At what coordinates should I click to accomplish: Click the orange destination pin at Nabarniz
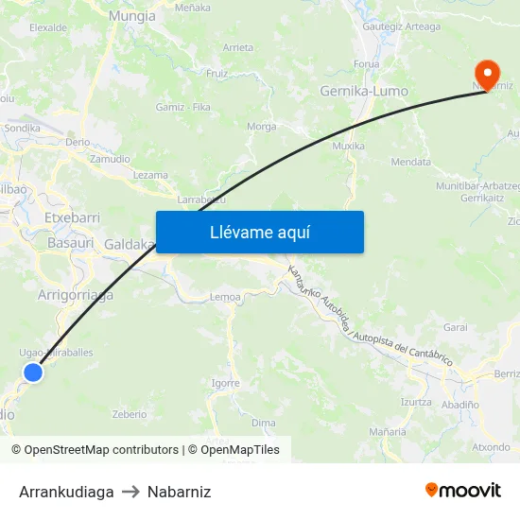coord(487,74)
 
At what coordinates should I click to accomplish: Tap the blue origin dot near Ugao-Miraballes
coord(33,373)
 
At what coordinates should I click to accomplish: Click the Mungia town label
coord(131,16)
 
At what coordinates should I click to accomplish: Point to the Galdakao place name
coord(130,244)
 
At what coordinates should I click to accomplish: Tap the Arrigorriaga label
coord(76,295)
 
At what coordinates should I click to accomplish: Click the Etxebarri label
coord(72,217)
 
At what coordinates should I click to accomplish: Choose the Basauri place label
coord(70,243)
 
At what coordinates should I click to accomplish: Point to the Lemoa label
coord(225,297)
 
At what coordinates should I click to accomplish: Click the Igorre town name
coord(225,383)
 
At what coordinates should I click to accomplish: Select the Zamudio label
coord(110,159)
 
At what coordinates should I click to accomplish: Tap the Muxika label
coord(348,147)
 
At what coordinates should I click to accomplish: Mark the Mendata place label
coord(410,163)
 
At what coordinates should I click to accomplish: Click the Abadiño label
coord(460,403)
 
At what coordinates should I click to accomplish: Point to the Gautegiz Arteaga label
coord(402,26)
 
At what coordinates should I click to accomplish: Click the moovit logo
coord(462,491)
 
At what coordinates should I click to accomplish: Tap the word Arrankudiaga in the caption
coord(66,492)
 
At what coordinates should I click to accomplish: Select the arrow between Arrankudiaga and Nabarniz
coord(130,492)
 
